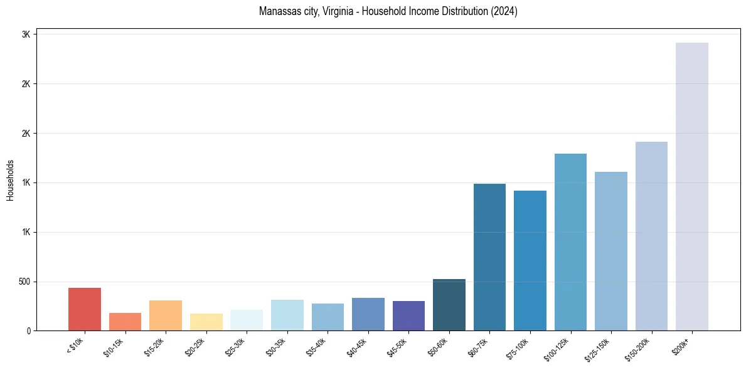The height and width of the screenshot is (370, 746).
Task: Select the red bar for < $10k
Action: click(85, 309)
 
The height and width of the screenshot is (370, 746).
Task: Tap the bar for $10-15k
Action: click(125, 322)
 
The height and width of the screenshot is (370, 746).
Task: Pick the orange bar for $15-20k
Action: click(166, 315)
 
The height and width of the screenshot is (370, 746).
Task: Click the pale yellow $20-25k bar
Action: click(206, 322)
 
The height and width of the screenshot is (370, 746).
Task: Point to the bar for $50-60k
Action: click(449, 305)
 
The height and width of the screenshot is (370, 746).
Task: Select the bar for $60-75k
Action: click(489, 257)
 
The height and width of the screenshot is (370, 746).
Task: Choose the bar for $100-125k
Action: click(570, 242)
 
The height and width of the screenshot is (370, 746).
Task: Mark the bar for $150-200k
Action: click(651, 236)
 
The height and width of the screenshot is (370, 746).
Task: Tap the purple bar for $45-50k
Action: click(408, 316)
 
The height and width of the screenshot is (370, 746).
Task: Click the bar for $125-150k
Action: click(611, 251)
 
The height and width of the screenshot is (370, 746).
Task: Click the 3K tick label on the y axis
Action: click(26, 34)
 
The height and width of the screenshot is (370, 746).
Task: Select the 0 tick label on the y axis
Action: click(28, 331)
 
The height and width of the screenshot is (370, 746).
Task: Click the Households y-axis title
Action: click(11, 180)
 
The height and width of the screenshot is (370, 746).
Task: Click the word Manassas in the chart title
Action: click(276, 11)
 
